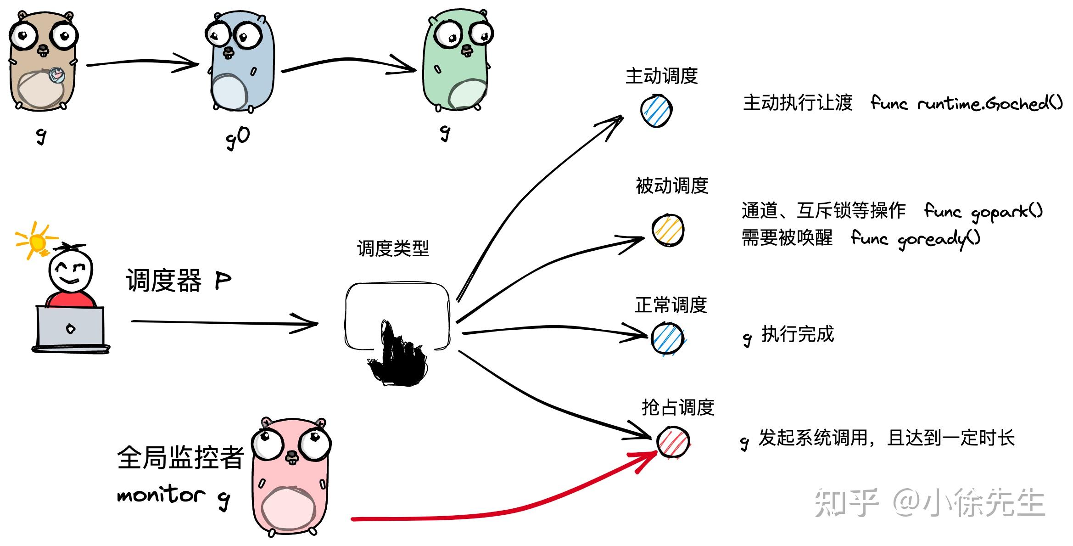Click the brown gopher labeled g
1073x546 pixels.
[42, 62]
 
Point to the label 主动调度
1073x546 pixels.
[661, 76]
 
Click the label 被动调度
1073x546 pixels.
[671, 186]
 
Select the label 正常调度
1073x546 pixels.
[671, 305]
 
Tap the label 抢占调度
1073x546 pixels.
[677, 407]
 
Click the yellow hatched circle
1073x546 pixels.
[668, 230]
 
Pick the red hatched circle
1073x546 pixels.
[673, 442]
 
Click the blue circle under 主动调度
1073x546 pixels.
[656, 111]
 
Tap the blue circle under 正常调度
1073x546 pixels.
[667, 338]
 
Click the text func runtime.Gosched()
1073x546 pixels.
[967, 103]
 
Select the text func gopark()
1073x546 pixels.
[983, 212]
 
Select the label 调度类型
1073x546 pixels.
[393, 248]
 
